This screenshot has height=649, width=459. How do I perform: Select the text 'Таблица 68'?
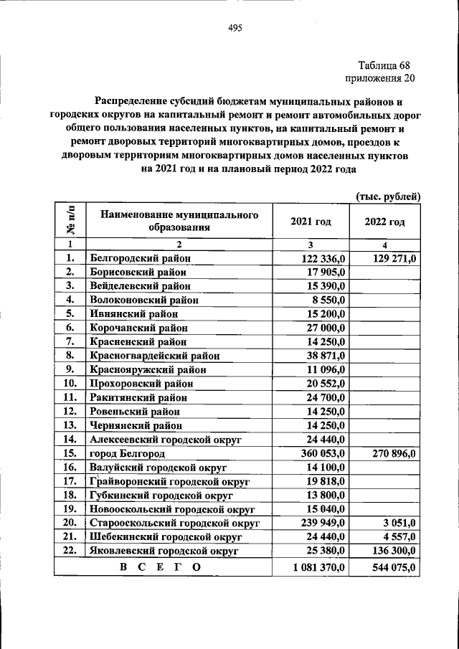click(x=382, y=65)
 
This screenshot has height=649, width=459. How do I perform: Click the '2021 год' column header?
click(x=311, y=222)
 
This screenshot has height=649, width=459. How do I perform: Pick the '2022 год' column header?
click(x=384, y=222)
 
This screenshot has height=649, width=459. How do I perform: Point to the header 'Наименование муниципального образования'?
click(x=179, y=222)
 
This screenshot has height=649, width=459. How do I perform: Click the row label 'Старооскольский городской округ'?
click(x=174, y=524)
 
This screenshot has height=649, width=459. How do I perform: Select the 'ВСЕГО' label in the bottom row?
click(x=160, y=567)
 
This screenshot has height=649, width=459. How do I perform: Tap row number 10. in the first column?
click(x=70, y=384)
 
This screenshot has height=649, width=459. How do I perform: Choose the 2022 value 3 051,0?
click(x=399, y=524)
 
